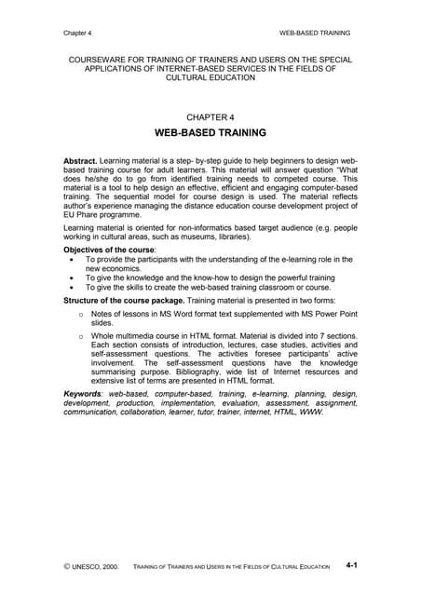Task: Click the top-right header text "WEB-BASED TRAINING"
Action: point(315,33)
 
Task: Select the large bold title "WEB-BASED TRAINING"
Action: point(210,133)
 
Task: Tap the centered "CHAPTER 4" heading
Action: point(210,117)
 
